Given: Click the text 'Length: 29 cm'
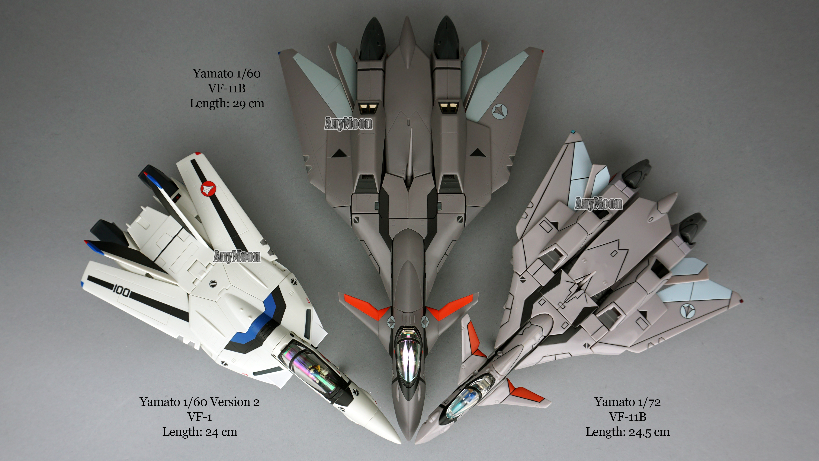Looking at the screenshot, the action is tap(227, 103).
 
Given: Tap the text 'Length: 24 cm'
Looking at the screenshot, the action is tap(200, 432).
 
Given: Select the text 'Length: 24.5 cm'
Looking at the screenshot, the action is tap(628, 432).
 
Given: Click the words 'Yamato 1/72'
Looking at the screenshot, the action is tap(628, 402).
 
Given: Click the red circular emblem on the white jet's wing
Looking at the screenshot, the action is tap(207, 189).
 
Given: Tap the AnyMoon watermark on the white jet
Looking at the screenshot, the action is tap(237, 256).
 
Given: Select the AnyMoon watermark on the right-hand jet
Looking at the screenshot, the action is tap(598, 204).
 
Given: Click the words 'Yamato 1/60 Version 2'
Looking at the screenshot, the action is tap(200, 402).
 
